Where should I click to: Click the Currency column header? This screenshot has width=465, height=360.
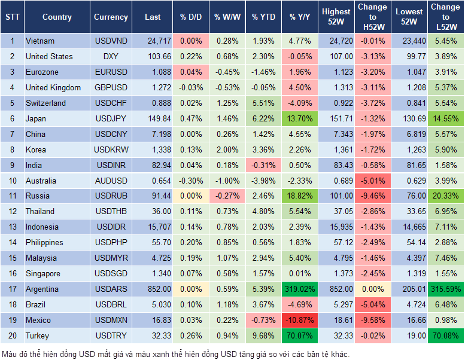pyautogui.click(x=111, y=17)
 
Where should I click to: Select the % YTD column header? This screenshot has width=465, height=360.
pyautogui.click(x=264, y=17)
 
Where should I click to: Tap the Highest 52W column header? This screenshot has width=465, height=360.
pyautogui.click(x=336, y=17)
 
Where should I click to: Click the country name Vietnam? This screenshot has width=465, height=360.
pyautogui.click(x=40, y=41)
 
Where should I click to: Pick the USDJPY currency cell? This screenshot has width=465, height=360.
pyautogui.click(x=111, y=118)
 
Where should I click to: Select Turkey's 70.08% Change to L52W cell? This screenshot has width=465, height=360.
pyautogui.click(x=446, y=335)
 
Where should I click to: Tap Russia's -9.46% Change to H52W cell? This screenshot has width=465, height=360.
pyautogui.click(x=372, y=196)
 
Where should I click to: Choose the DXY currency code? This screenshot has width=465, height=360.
pyautogui.click(x=111, y=56)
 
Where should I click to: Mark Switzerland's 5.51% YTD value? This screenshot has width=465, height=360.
pyautogui.click(x=264, y=103)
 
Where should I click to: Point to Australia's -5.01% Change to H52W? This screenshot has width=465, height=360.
pyautogui.click(x=372, y=180)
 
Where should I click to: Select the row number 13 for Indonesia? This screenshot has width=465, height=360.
pyautogui.click(x=12, y=227)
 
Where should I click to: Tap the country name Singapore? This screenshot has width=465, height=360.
pyautogui.click(x=43, y=273)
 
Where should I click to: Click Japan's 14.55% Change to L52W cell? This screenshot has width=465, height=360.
pyautogui.click(x=446, y=118)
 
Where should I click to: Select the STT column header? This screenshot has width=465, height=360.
pyautogui.click(x=12, y=17)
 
